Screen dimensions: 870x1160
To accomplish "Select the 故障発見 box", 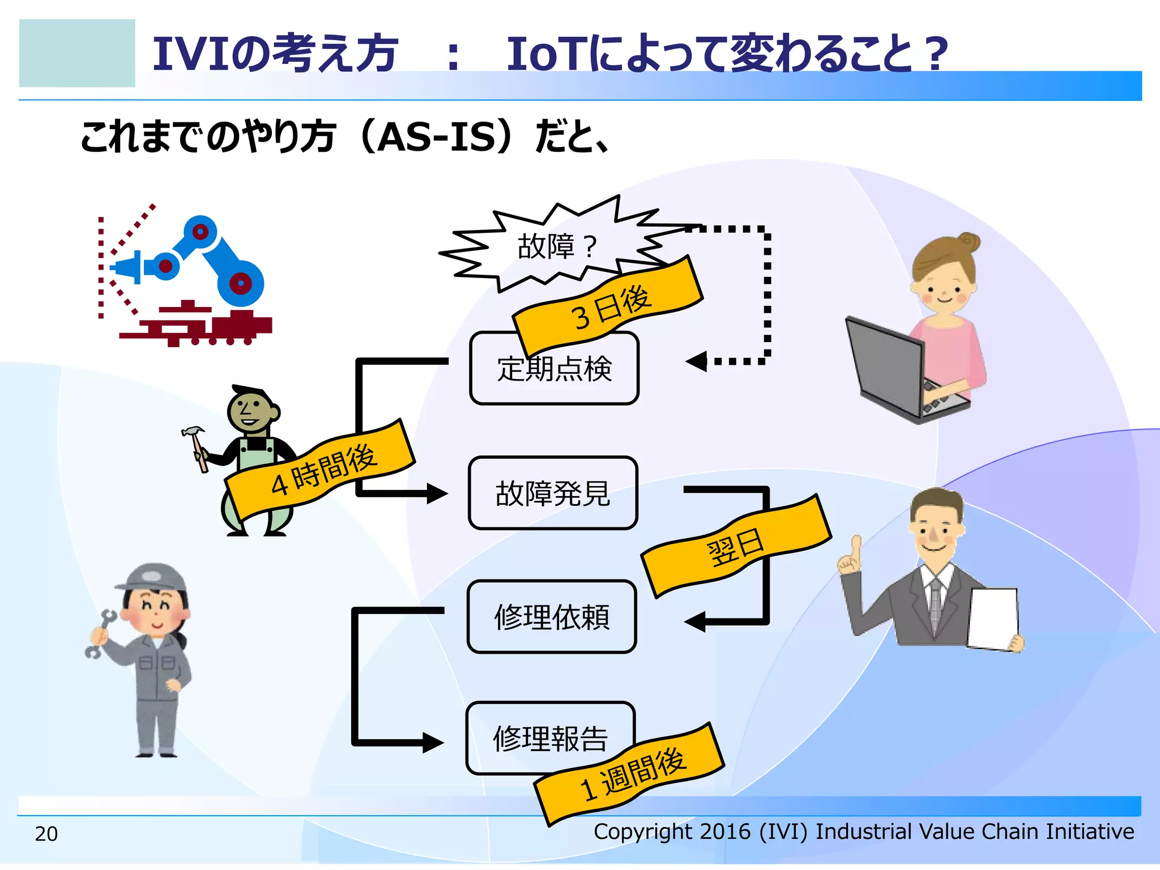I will tap(553, 493).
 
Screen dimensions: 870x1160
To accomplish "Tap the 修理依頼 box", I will tap(552, 617).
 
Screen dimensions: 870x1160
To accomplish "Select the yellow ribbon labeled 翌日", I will tap(736, 547).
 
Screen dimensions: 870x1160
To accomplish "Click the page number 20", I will tap(46, 834).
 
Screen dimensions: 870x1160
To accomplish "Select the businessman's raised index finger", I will tap(856, 547).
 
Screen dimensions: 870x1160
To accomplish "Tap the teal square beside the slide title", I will tap(77, 53).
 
